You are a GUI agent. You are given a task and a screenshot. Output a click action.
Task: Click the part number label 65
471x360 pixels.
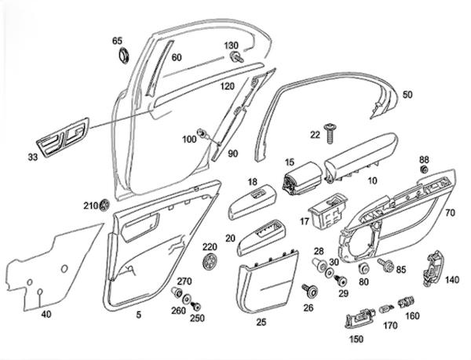(x=118, y=41)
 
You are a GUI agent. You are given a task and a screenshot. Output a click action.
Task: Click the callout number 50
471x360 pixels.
(x=407, y=94)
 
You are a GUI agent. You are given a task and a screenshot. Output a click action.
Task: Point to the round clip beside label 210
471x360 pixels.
(x=104, y=205)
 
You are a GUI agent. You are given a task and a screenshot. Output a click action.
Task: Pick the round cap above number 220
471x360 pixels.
(x=209, y=260)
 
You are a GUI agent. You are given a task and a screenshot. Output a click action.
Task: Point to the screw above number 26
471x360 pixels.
(x=308, y=292)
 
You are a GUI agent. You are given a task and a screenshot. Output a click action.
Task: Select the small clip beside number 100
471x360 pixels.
(x=203, y=134)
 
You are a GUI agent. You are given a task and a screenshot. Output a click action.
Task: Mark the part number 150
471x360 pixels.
(x=357, y=340)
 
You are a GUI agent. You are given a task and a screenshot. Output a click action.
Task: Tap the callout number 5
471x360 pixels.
(x=138, y=315)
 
